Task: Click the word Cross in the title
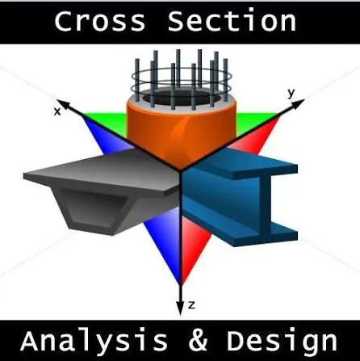[100, 21]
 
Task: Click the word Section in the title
[232, 20]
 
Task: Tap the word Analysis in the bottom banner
[94, 341]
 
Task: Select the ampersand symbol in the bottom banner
[198, 341]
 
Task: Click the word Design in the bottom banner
[282, 342]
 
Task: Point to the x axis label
[57, 111]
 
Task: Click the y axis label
[291, 93]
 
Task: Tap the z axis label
[191, 305]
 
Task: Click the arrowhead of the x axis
[63, 104]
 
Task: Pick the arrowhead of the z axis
[180, 309]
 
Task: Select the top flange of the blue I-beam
[242, 165]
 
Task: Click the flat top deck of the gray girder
[103, 172]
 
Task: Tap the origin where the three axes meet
[180, 170]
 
